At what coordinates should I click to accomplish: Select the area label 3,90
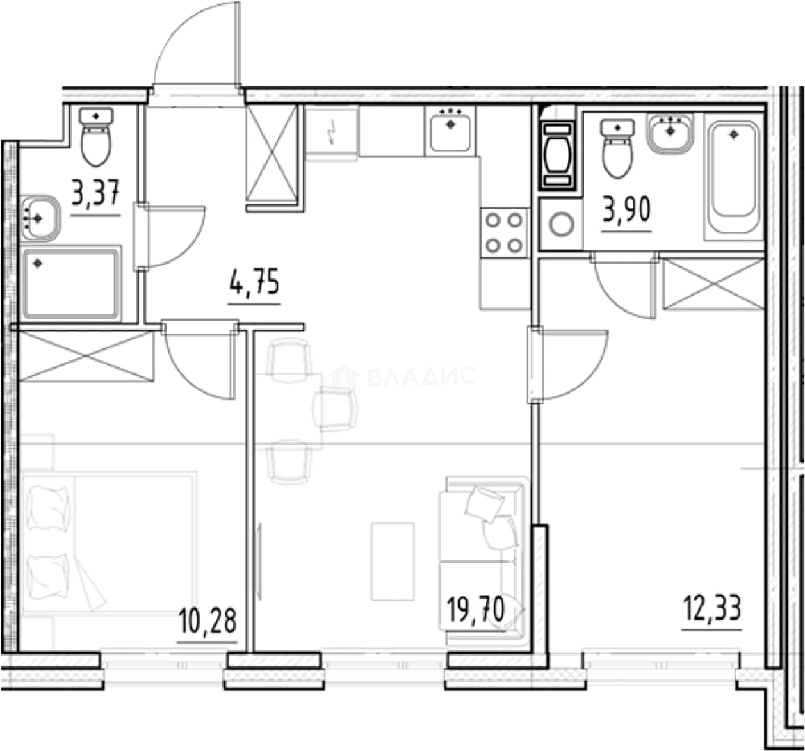click(626, 210)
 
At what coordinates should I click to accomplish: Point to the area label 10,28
click(207, 620)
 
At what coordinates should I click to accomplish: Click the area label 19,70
click(476, 610)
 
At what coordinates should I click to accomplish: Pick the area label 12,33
click(712, 608)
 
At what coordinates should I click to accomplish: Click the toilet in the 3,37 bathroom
click(96, 136)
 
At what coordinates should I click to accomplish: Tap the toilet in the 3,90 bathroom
click(617, 148)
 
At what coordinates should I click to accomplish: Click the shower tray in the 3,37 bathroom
click(71, 284)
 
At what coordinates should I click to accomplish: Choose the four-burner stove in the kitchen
click(504, 234)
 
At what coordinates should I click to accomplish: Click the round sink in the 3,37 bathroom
click(40, 218)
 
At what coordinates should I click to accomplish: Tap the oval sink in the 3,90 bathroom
click(670, 133)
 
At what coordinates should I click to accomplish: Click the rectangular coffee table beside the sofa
click(392, 561)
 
